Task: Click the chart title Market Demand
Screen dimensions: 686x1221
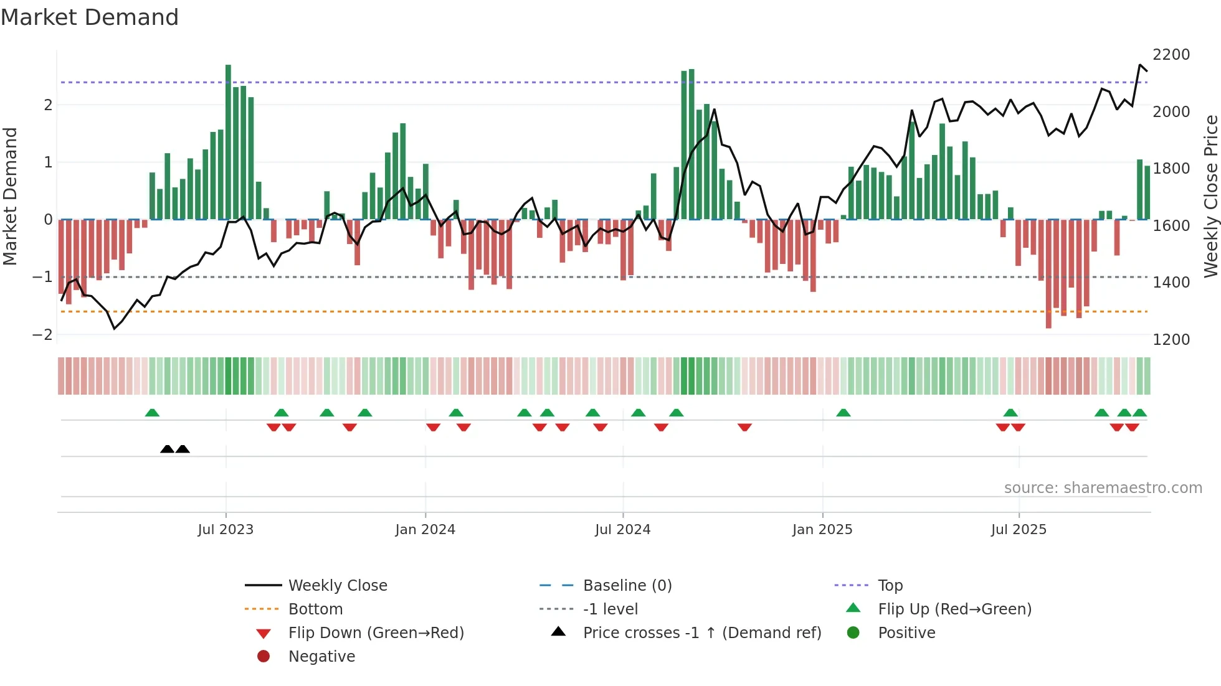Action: [x=90, y=17]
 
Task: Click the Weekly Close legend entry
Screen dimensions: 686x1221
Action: [x=337, y=585]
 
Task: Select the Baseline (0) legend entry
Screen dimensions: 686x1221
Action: [x=627, y=585]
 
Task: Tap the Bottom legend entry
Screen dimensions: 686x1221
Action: [x=315, y=609]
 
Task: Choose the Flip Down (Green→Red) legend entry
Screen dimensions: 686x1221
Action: [x=376, y=632]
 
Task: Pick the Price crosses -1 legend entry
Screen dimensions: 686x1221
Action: [x=701, y=632]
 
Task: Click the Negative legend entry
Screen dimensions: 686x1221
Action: [x=321, y=656]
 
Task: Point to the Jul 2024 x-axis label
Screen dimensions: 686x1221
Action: [x=622, y=530]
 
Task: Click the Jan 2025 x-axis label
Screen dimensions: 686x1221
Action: [x=822, y=530]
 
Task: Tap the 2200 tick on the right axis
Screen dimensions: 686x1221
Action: [x=1171, y=55]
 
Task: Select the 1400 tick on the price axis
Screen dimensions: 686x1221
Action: [x=1171, y=283]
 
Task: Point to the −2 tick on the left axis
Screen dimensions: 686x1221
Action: [x=42, y=335]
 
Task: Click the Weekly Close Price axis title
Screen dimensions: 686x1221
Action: [x=1210, y=196]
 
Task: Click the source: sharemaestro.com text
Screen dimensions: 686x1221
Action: [x=1103, y=488]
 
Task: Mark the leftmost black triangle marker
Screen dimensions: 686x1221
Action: [x=167, y=449]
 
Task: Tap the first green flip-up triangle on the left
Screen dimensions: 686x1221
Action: [x=152, y=413]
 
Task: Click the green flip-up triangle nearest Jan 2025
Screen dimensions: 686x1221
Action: [x=843, y=413]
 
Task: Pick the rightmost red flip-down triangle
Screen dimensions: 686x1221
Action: [x=1132, y=427]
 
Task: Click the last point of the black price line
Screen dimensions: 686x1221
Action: [x=1147, y=71]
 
